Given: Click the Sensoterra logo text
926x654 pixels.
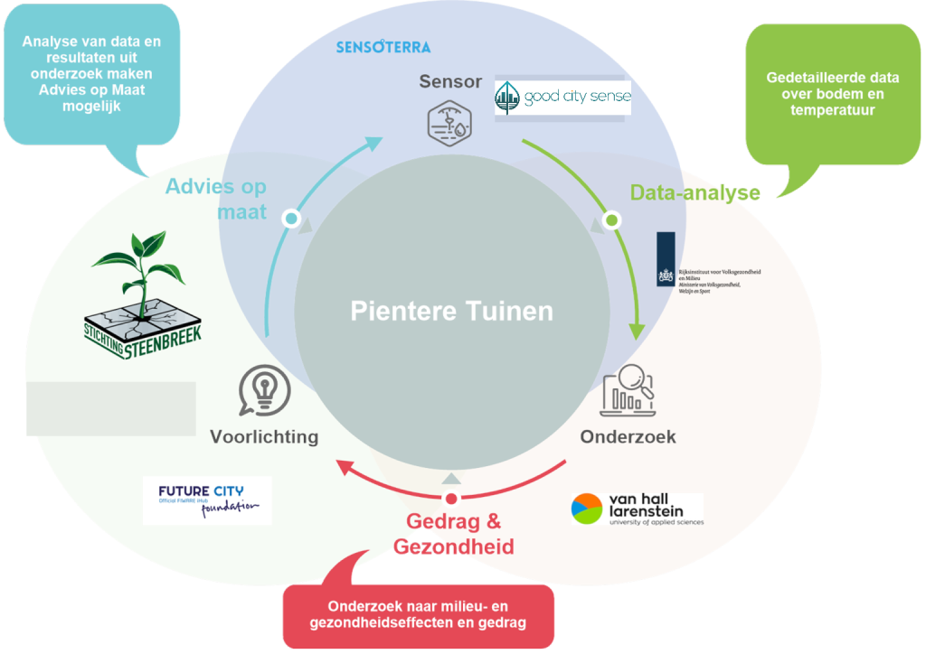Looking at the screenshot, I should coord(383,46).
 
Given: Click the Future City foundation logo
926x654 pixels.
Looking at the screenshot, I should coord(207,500).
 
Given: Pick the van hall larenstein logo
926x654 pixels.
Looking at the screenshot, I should coord(637,509).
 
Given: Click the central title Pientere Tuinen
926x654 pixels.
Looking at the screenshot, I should coord(451,312).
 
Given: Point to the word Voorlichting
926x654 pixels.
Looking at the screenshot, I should coord(264,437).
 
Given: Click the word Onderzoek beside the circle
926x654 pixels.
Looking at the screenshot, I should coord(628,437).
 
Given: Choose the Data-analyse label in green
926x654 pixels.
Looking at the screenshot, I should coord(694,192).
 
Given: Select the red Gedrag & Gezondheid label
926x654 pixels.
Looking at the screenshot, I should coord(453,534).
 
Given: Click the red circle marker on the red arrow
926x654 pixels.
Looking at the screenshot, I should coord(451,499).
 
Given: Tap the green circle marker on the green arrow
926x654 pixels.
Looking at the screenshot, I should coord(611,220).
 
